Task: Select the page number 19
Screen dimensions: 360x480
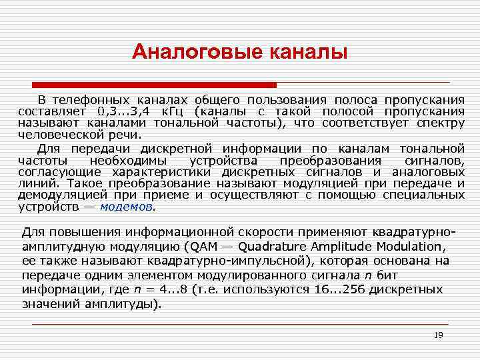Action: click(x=438, y=335)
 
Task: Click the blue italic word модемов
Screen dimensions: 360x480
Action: click(x=127, y=207)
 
